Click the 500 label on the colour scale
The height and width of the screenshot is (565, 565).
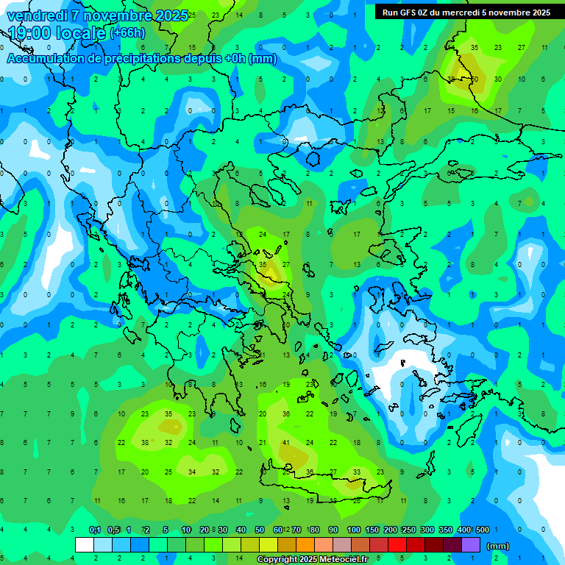point(483,530)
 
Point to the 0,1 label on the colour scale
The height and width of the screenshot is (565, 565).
point(95,530)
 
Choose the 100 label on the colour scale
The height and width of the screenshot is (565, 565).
point(353,530)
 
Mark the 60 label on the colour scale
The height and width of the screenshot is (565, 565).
point(278,530)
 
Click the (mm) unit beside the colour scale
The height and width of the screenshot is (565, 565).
point(498,546)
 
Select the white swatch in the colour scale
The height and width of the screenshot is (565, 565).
point(85,545)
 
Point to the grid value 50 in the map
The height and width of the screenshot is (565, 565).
point(475,79)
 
